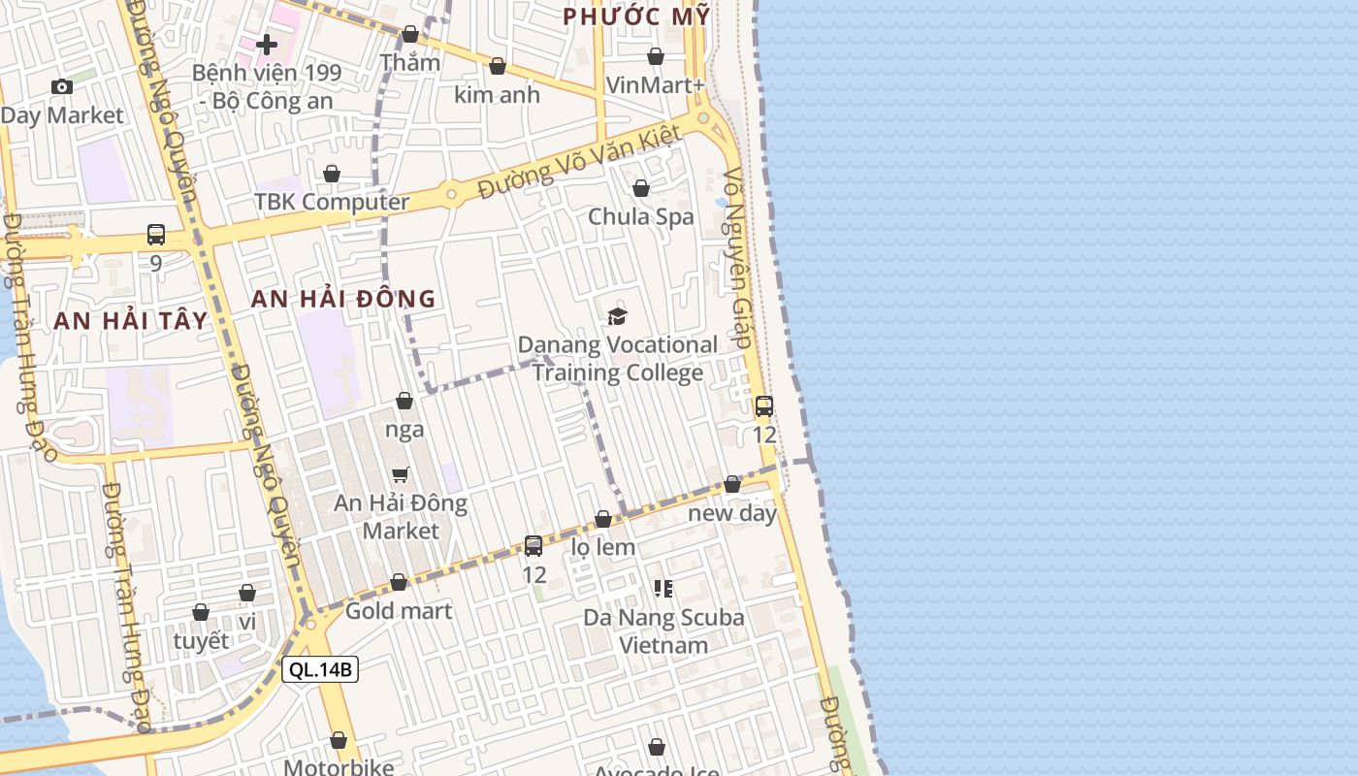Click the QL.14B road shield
320,669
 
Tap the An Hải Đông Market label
401,517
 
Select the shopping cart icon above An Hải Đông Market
401,474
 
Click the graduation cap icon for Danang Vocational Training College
617,315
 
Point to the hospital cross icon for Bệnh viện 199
267,45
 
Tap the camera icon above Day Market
62,86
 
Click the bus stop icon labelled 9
156,234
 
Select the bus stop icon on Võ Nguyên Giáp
764,405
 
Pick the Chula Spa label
641,216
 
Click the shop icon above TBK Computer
332,174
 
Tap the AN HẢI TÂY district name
131,321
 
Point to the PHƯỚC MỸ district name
636,16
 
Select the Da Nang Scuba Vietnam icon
663,588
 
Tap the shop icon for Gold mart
399,582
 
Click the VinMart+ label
656,85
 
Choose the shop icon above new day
732,484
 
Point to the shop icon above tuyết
201,612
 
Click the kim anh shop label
498,95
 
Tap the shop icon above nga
404,401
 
